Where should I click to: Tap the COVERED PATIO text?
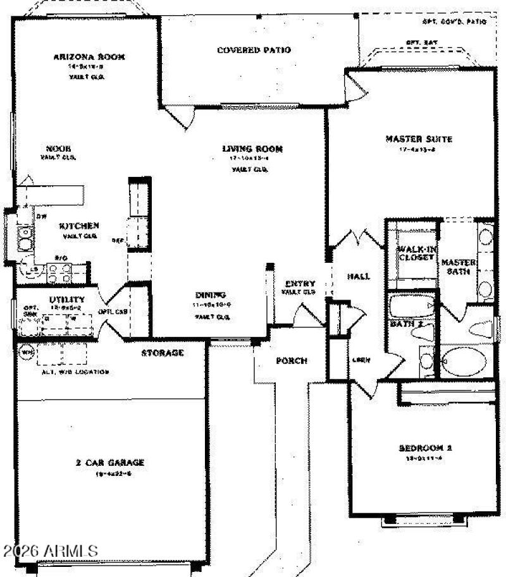coord(254,50)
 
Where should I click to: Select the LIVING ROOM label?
coord(252,150)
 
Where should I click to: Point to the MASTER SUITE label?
coord(410,139)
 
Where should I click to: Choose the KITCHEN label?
coord(79,226)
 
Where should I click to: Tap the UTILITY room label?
coord(67,300)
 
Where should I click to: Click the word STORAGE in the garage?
coord(162,353)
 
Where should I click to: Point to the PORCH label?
coord(291,361)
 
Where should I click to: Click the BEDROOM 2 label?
coord(425,448)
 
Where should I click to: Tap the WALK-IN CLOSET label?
coord(415,253)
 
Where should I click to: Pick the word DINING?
coord(211,295)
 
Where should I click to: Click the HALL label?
coord(359,276)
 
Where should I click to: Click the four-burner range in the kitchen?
coord(59,272)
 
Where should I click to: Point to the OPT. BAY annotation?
coord(421,42)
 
